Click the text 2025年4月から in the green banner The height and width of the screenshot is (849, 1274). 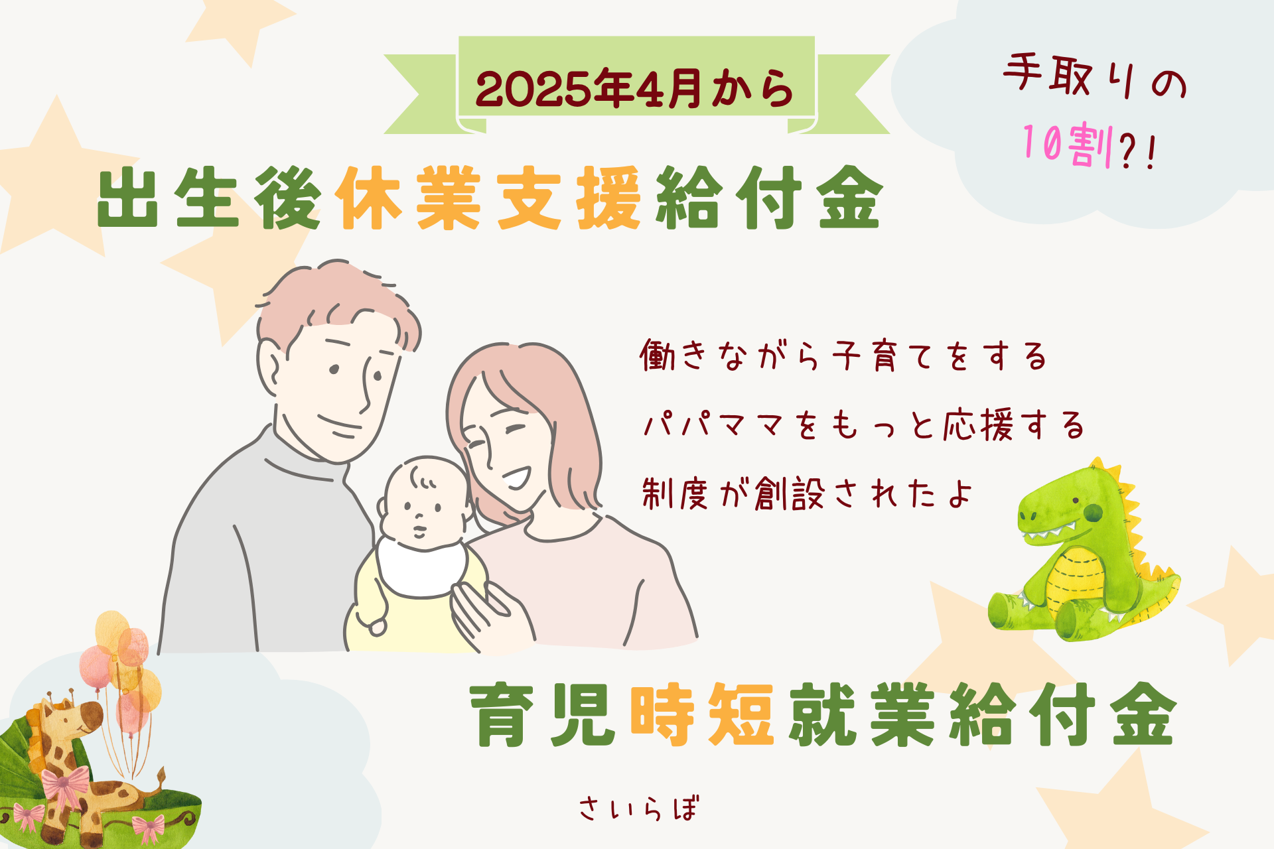[634, 88]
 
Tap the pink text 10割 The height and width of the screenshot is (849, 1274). [1068, 145]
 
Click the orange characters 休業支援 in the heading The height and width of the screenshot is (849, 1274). [489, 198]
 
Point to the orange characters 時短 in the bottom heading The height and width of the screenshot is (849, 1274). [702, 714]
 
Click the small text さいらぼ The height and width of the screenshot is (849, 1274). [639, 809]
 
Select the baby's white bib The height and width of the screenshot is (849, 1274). [422, 567]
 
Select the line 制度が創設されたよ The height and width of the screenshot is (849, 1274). [807, 493]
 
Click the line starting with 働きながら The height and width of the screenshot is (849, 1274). [843, 356]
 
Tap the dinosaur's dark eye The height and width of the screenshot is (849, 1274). [1093, 511]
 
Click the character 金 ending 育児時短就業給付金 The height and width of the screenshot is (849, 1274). [1143, 714]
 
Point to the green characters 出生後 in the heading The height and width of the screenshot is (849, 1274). [210, 198]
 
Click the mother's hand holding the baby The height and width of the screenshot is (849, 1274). [491, 614]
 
